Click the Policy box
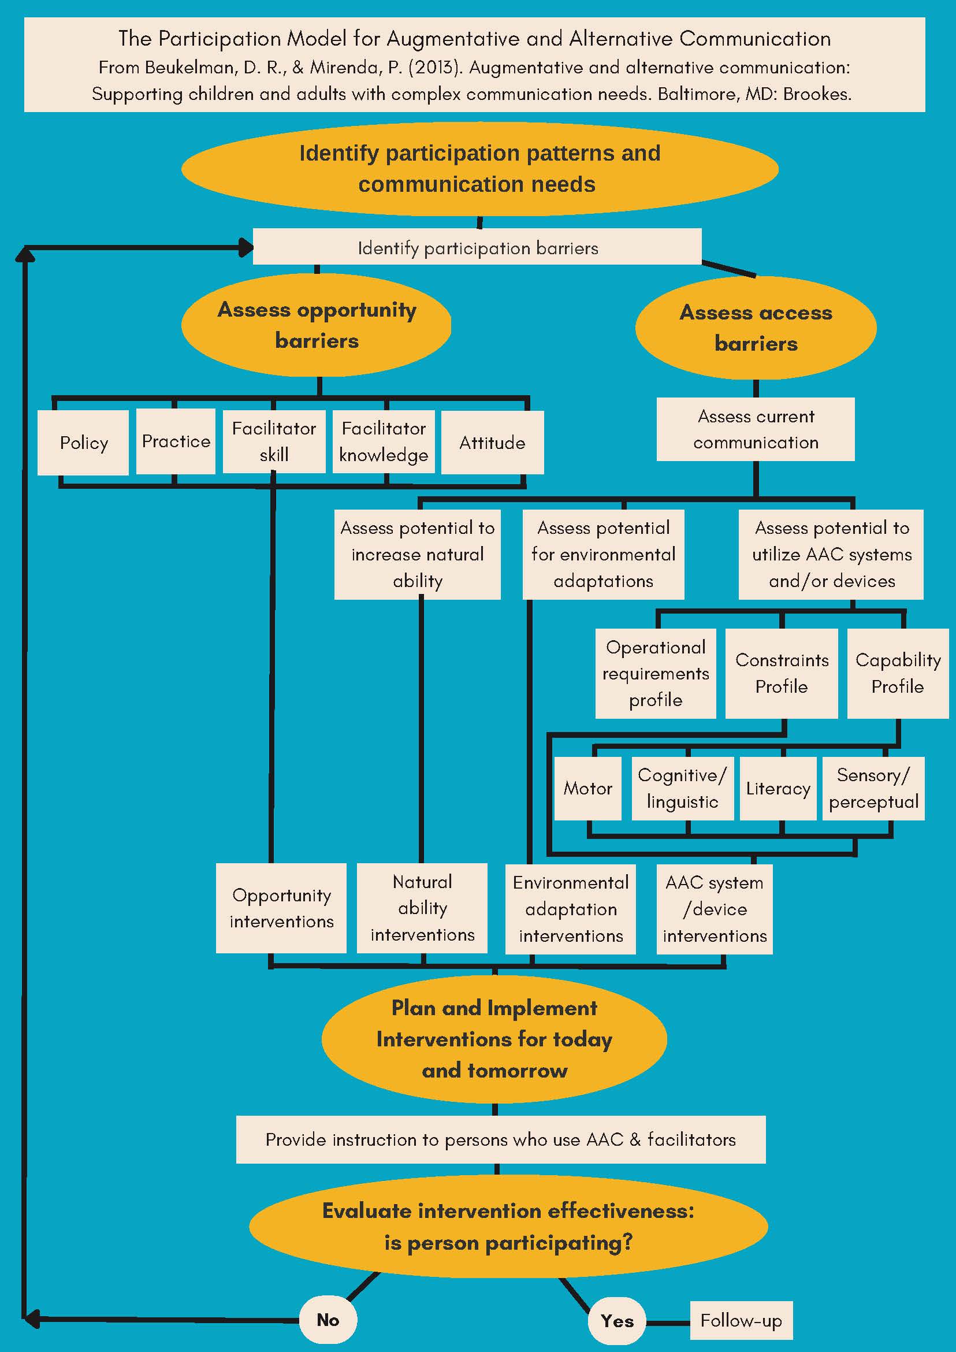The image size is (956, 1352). point(83,443)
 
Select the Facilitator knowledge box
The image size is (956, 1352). point(384,441)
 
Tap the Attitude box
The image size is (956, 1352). point(492,443)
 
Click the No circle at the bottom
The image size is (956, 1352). point(328,1320)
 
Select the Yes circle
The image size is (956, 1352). point(616,1321)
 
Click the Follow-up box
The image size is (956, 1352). point(741,1321)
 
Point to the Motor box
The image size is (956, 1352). point(587,789)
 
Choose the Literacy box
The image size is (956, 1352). point(778,789)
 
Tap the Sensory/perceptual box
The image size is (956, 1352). point(873,789)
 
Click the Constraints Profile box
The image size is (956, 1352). point(781,673)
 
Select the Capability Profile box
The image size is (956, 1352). point(897,673)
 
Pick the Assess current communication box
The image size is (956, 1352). point(755,429)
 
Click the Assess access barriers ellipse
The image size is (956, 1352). point(756,328)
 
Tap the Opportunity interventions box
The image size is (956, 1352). point(281,908)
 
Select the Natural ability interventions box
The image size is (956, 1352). point(422,908)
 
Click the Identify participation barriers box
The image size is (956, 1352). point(477,248)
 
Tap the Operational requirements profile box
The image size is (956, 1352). point(655,673)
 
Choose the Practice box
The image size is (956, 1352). point(176,441)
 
